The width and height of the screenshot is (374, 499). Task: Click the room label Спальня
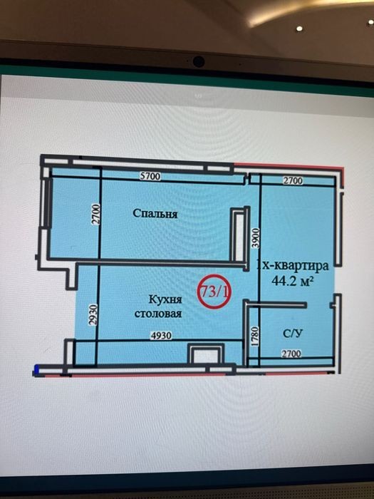[x=155, y=213]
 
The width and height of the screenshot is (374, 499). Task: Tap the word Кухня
[x=165, y=299]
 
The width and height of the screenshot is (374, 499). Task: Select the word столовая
[x=158, y=314]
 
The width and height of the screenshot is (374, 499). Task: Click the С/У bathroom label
[x=293, y=333]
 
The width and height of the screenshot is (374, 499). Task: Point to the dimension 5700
[x=150, y=176]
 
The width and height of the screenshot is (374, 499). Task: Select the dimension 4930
[x=161, y=336]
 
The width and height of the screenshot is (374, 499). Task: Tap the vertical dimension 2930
[x=93, y=315]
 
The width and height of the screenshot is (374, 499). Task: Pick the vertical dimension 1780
[x=255, y=336]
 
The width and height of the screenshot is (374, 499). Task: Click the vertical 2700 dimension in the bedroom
[x=96, y=214]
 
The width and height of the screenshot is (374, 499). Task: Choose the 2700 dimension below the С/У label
[x=291, y=354]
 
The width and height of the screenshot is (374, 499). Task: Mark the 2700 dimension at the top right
[x=293, y=181]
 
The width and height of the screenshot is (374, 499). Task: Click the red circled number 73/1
[x=214, y=292]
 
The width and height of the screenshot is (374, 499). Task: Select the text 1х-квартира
[x=293, y=265]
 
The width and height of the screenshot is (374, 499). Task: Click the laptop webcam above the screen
[x=199, y=61]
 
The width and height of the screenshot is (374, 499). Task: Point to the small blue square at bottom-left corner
[x=36, y=370]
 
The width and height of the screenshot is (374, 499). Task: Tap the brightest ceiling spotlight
[x=299, y=29]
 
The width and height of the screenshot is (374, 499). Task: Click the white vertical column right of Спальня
[x=239, y=237]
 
